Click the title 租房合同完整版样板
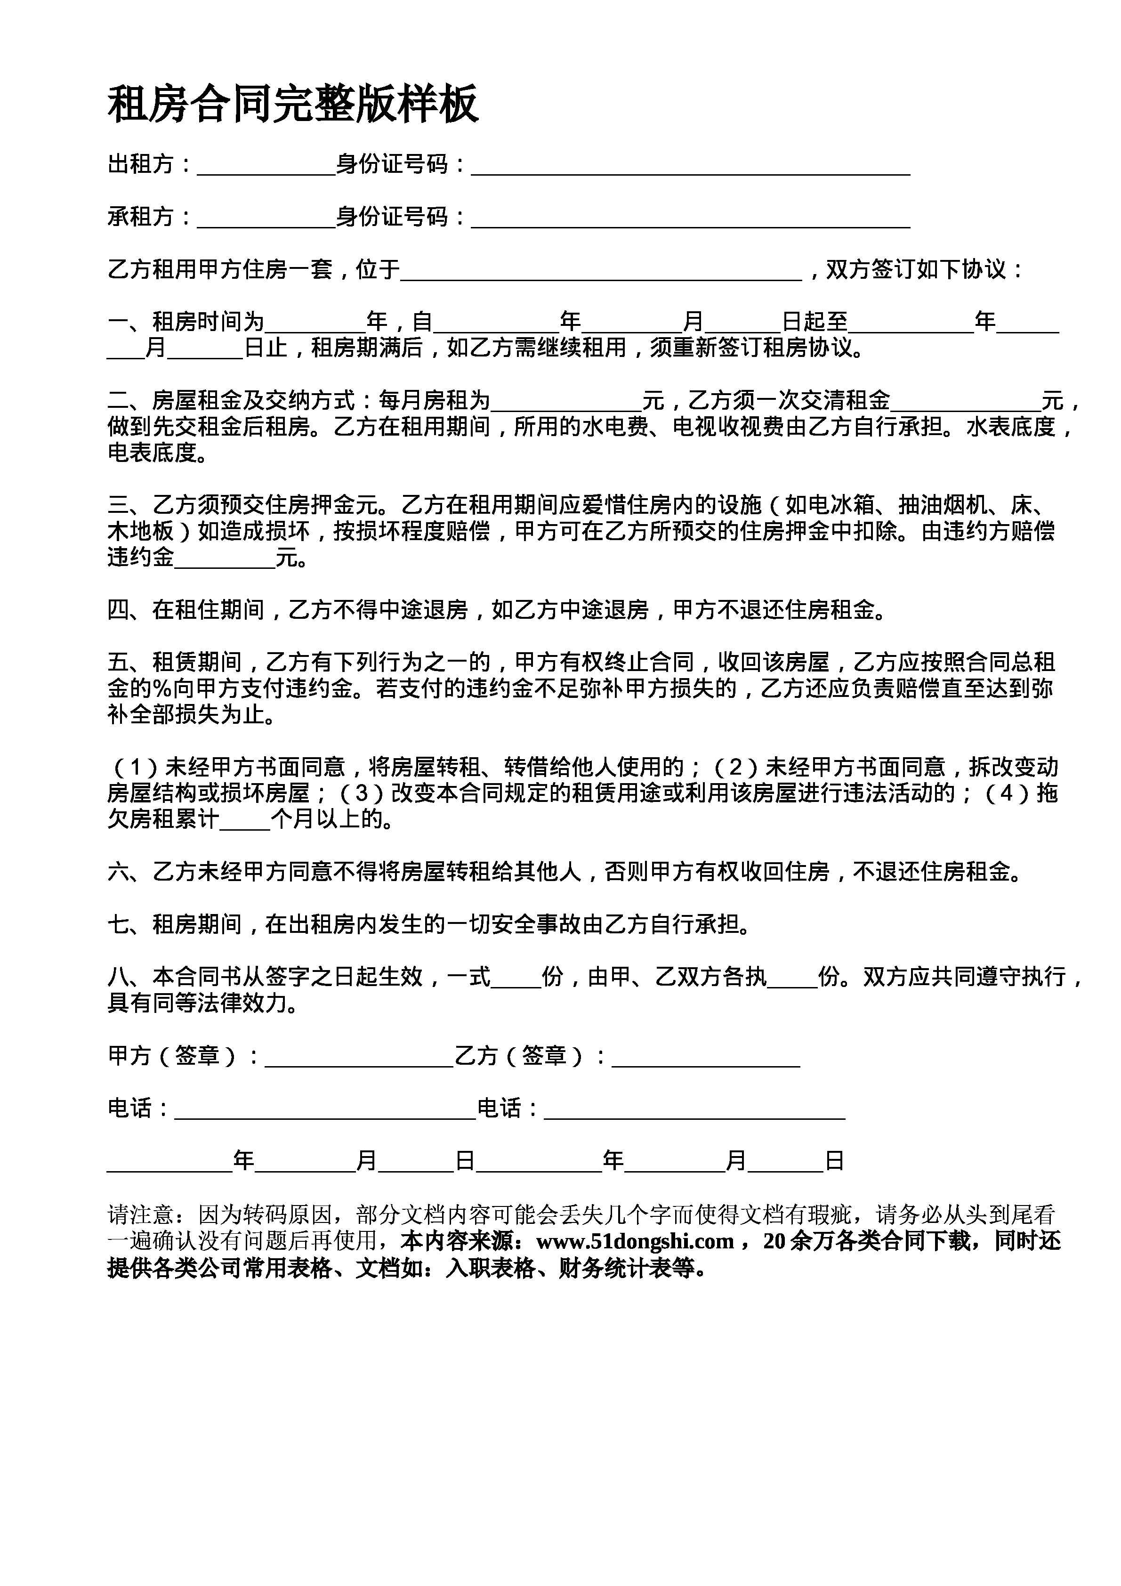click(293, 105)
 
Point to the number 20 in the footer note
click(774, 1241)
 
